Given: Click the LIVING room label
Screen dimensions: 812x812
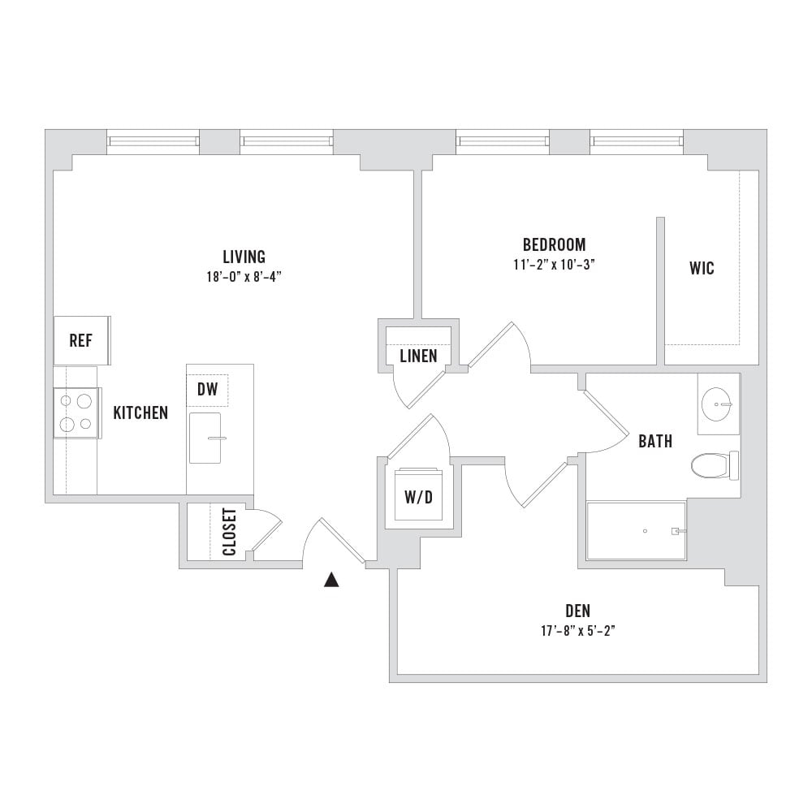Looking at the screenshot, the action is pos(244,257).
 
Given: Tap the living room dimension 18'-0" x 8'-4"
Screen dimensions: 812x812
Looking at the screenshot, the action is pos(244,277).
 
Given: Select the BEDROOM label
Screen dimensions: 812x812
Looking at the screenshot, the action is pos(554,244).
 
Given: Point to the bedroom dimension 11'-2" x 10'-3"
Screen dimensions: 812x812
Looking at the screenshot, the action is pos(554,265).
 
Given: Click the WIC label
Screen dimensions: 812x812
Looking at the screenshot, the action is pos(702,268).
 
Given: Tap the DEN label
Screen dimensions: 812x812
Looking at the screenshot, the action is pos(578,611).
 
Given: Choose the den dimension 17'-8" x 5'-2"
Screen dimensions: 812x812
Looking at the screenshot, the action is pos(578,631).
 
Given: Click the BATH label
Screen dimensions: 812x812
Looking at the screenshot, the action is pos(655,441).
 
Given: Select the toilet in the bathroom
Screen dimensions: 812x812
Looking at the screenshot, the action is pos(715,465).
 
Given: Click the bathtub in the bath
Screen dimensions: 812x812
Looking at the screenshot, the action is pos(637,531).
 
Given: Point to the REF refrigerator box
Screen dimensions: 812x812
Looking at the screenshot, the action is pos(82,341).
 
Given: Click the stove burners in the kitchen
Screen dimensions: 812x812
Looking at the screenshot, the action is pos(76,412).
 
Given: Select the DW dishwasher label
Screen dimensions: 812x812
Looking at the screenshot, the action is pos(208,390).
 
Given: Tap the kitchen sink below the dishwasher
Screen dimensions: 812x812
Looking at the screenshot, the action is pos(205,438).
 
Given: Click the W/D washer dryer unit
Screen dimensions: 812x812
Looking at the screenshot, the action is pos(418,495).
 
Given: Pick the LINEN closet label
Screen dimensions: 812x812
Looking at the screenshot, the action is pos(418,356).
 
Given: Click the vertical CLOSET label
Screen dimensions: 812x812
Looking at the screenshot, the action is pos(230,532).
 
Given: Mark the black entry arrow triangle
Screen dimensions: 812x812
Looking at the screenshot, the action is pos(331,580).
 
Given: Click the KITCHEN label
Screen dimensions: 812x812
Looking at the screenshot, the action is pos(140,412).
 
